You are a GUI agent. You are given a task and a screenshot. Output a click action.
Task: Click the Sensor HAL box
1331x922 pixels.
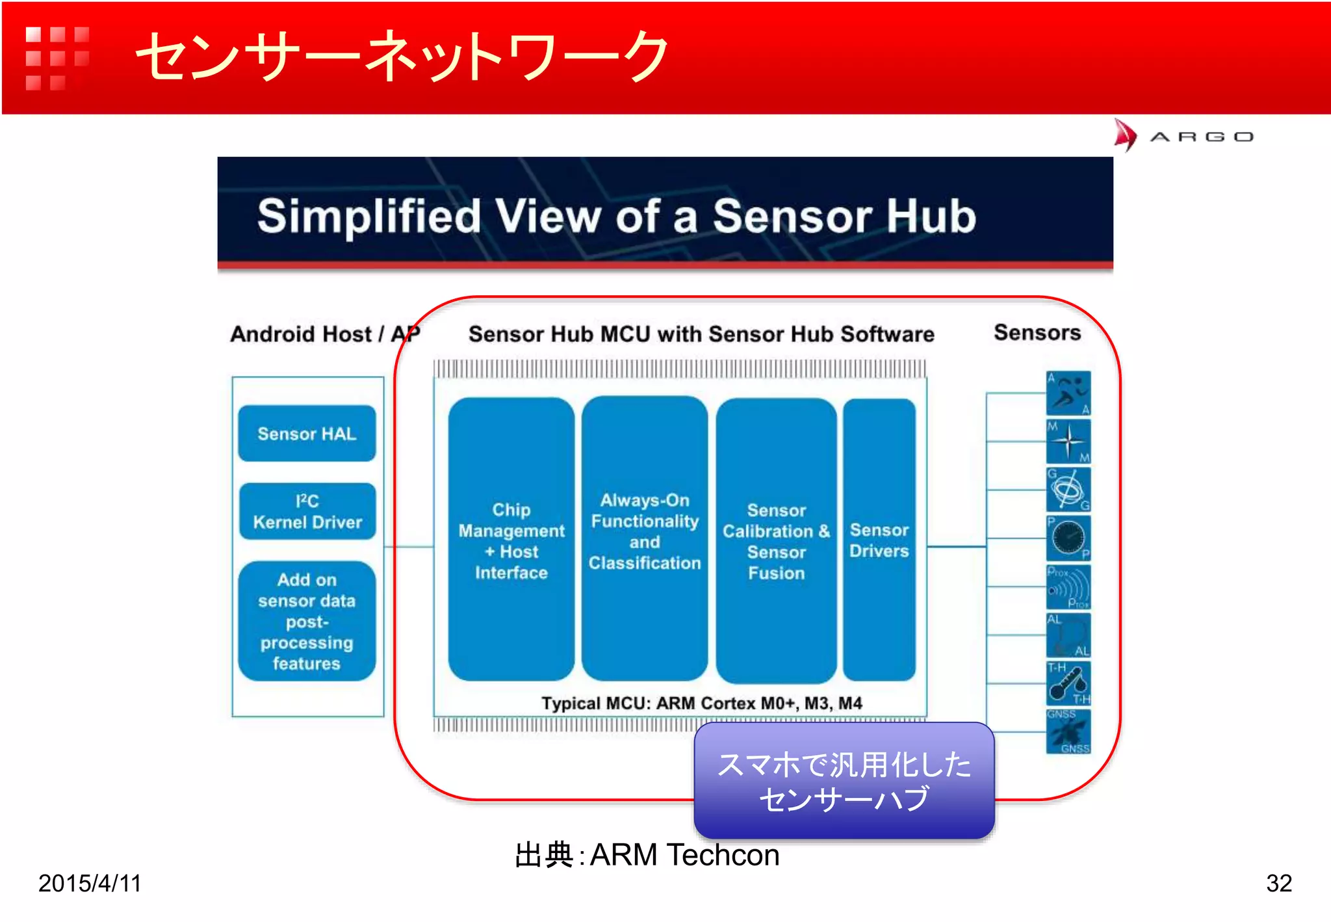(x=307, y=434)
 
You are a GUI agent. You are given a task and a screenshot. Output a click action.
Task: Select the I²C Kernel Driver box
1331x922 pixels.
(x=307, y=512)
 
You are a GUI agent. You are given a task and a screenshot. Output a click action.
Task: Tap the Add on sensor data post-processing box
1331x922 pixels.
(x=307, y=621)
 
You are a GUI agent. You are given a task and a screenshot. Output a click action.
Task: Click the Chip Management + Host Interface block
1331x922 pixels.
(x=511, y=540)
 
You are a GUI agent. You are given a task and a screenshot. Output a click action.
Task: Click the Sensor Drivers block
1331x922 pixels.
(x=879, y=540)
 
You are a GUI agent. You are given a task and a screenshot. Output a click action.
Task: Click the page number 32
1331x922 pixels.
(x=1278, y=883)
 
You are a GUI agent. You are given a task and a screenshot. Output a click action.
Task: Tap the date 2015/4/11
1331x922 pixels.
(x=90, y=883)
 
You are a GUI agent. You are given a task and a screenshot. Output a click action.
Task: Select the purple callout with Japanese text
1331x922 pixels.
(x=844, y=780)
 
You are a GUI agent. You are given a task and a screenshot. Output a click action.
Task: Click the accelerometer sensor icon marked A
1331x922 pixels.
(x=1068, y=393)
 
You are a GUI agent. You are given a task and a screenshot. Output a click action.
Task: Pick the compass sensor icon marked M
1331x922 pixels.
(x=1068, y=441)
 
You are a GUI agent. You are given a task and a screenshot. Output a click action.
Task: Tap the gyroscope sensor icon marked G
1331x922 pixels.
(x=1068, y=490)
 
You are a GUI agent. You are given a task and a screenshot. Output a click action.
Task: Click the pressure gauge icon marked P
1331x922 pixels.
(x=1068, y=538)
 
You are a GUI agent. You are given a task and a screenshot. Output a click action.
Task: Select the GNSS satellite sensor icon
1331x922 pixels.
(x=1068, y=732)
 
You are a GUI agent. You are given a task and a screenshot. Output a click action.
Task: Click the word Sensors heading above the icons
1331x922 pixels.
(x=1037, y=333)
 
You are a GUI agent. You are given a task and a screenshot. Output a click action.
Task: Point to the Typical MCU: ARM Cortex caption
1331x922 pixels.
(x=701, y=703)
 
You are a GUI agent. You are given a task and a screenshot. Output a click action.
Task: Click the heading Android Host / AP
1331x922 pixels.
(x=325, y=334)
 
